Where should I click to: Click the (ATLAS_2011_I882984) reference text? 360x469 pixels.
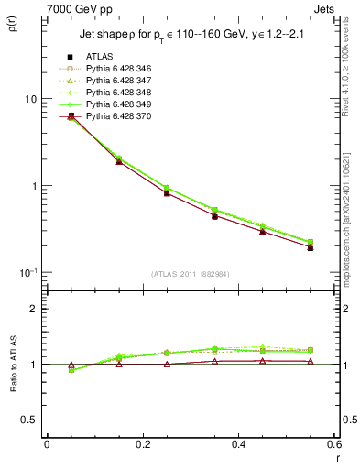[x=190, y=274]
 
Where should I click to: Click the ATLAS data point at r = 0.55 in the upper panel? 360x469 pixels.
[x=311, y=247]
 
